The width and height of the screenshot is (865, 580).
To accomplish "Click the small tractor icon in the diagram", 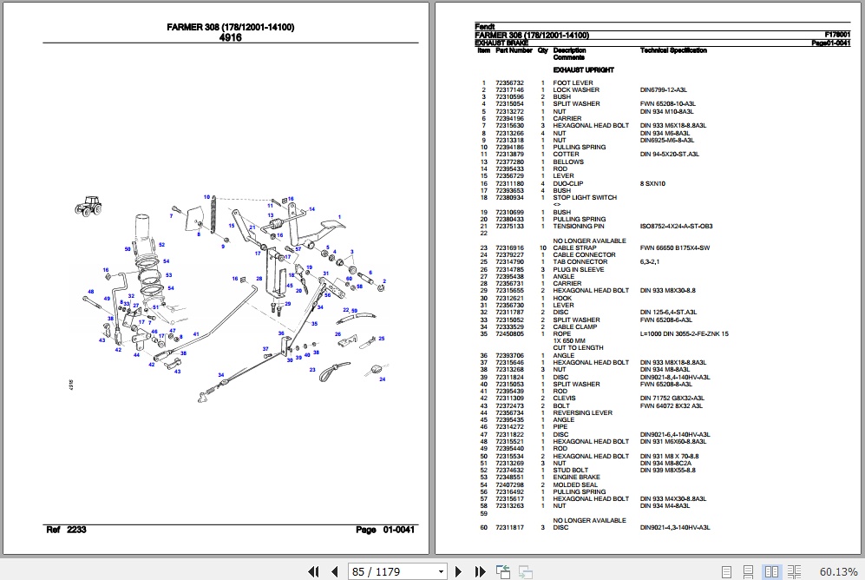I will point(88,205).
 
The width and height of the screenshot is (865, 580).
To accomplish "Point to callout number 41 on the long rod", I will point(196,335).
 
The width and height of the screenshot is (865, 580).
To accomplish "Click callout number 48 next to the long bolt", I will point(90,292).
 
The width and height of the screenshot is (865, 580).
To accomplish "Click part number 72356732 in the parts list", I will point(509,83).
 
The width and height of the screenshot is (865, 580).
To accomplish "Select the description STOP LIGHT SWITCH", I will point(585,198).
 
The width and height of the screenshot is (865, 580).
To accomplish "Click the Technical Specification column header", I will point(673,50).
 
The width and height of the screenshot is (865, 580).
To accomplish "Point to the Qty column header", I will point(542,50).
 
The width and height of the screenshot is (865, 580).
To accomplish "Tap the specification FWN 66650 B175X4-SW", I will point(674,248).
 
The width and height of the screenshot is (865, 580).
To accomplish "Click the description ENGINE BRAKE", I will point(576,478).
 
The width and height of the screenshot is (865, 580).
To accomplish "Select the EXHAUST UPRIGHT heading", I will point(583,69).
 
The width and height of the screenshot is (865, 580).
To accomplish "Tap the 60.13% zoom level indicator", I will point(837,570).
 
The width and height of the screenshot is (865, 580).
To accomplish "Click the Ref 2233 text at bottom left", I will point(66,530).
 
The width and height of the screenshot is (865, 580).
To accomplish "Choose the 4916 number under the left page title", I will point(230,38).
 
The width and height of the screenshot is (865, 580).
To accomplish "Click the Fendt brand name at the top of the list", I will point(485,27).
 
